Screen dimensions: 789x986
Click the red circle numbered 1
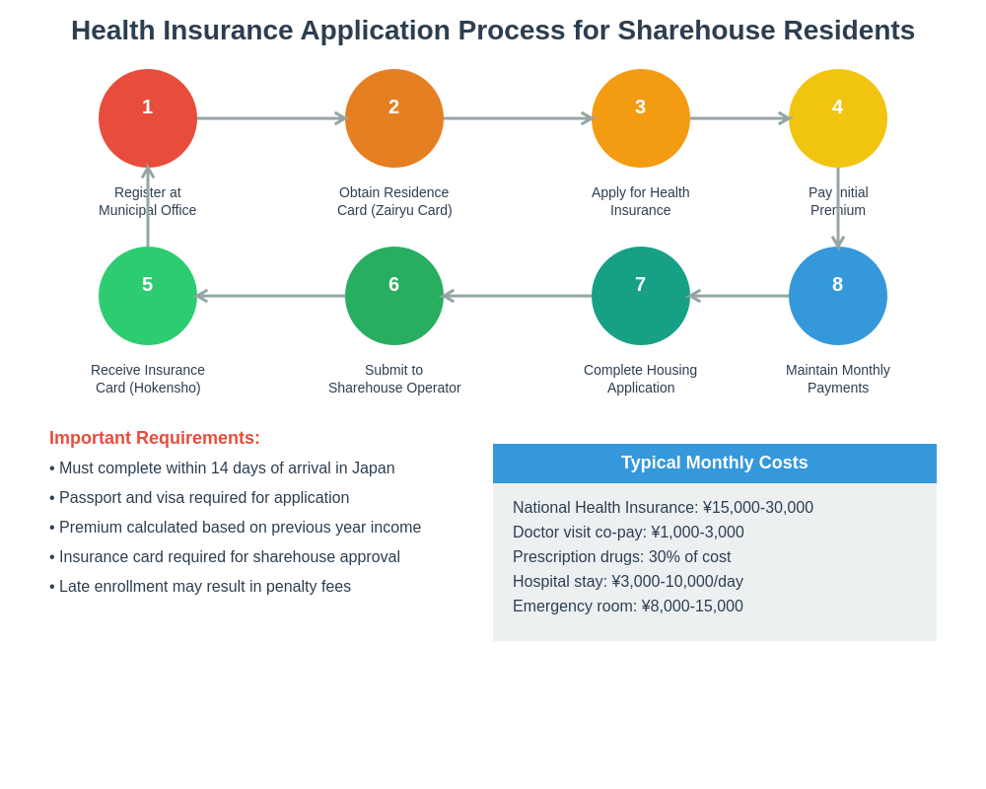coord(148,118)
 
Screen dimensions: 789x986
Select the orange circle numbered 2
coord(394,118)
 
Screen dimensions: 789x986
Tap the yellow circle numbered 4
coord(838,118)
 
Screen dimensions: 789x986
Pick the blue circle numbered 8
coord(838,296)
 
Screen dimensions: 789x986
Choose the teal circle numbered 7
coord(641,296)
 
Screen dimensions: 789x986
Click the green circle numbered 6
coord(394,296)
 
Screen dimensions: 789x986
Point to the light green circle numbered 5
coord(148,296)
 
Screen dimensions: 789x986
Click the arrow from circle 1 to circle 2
coord(271,118)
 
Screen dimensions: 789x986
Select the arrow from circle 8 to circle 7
coord(739,296)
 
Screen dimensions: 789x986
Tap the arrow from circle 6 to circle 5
coord(271,296)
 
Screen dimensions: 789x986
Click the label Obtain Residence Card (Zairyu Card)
coord(394,201)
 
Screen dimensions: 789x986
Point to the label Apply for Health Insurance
coord(641,201)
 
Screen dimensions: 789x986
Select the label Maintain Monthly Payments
coord(838,379)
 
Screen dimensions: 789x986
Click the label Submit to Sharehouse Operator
coord(394,379)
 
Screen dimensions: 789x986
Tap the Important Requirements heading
coord(155,438)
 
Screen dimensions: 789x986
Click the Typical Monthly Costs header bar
coord(715,463)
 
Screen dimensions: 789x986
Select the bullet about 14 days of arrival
coord(227,468)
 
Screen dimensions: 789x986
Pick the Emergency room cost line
coord(628,607)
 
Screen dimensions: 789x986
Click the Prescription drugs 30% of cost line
coord(622,557)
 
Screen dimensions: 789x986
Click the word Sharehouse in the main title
coord(691,31)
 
